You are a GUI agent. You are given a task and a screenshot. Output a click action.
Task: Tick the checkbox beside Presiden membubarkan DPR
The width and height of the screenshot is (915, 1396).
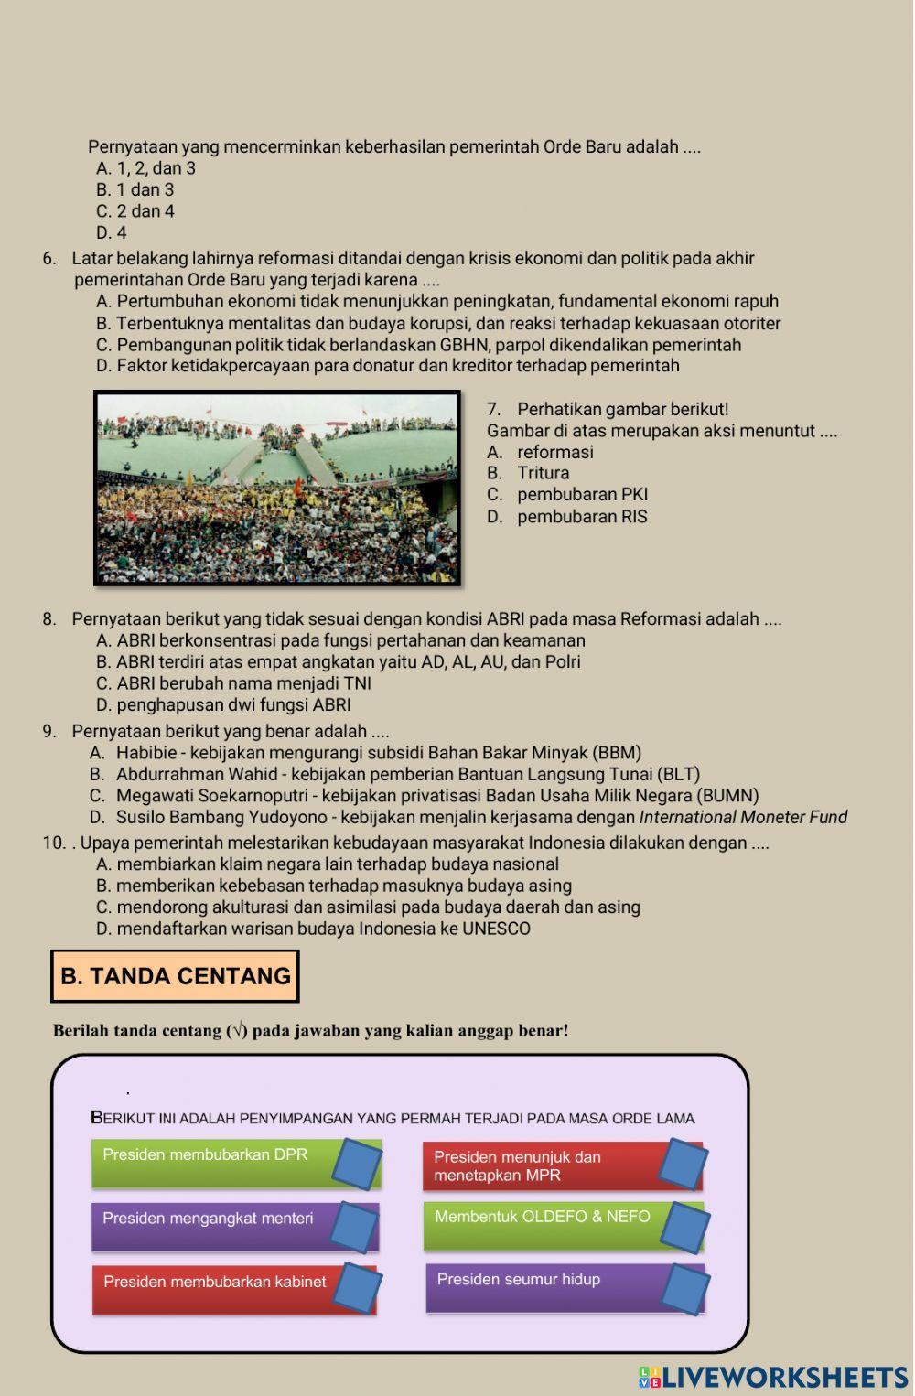pyautogui.click(x=357, y=1164)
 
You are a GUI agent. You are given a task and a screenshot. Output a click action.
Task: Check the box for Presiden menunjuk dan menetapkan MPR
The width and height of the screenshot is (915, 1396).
pyautogui.click(x=684, y=1164)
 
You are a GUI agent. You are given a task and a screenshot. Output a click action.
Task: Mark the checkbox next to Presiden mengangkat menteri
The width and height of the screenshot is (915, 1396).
pyautogui.click(x=354, y=1227)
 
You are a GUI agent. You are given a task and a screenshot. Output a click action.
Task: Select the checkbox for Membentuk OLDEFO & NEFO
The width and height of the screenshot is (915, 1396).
pyautogui.click(x=684, y=1227)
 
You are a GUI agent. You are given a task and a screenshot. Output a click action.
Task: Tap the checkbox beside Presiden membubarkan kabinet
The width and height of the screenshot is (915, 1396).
pyautogui.click(x=357, y=1288)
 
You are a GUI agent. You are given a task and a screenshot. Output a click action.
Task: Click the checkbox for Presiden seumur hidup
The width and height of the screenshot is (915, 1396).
pyautogui.click(x=685, y=1288)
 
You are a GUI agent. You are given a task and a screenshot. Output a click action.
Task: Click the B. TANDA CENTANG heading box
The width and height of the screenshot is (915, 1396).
pyautogui.click(x=175, y=976)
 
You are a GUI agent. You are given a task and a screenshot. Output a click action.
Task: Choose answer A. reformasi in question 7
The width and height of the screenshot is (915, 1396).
pyautogui.click(x=554, y=452)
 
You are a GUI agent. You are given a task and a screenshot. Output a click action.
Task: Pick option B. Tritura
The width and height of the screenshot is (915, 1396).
pyautogui.click(x=542, y=473)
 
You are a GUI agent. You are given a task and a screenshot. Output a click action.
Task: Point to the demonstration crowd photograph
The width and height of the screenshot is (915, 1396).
pyautogui.click(x=277, y=489)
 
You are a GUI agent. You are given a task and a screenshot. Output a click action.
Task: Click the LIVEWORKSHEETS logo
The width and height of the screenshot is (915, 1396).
pyautogui.click(x=773, y=1378)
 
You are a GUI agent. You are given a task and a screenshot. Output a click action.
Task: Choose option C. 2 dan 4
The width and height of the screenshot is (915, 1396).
pyautogui.click(x=135, y=211)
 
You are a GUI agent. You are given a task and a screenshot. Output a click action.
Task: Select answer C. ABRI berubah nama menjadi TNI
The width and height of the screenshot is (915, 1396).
pyautogui.click(x=233, y=683)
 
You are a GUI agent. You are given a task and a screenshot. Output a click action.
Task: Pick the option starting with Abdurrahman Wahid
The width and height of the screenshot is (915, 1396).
pyautogui.click(x=407, y=775)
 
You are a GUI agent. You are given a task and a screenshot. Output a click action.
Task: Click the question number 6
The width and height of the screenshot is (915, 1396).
pyautogui.click(x=49, y=259)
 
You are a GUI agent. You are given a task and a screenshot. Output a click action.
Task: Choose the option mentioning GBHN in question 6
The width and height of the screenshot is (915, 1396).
pyautogui.click(x=418, y=345)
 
